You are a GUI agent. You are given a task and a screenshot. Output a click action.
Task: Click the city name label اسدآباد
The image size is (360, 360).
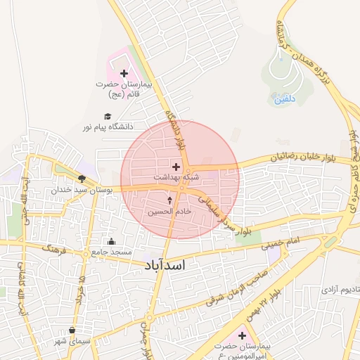tap(167, 265)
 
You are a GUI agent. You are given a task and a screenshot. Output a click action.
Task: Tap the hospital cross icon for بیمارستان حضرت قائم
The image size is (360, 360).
tap(124, 73)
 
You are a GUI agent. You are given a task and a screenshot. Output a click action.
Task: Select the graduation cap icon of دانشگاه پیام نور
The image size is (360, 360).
tap(108, 117)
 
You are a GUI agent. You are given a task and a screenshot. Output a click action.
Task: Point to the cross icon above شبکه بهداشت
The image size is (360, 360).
tap(176, 167)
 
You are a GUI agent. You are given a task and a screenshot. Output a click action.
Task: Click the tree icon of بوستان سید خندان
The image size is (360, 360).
tap(82, 179)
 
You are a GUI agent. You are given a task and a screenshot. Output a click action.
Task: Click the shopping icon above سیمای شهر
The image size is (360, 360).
tap(72, 330)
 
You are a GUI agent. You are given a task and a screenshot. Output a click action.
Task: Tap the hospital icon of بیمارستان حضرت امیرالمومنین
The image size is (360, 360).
tap(243, 335)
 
